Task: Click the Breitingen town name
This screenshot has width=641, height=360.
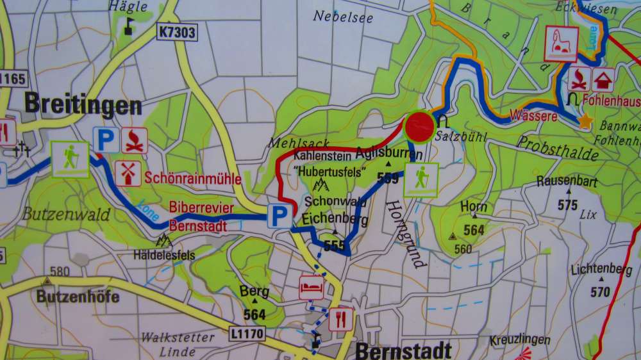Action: pos(83,104)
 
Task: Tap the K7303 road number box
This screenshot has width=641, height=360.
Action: pos(175,30)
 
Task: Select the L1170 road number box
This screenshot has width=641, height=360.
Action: pos(247,333)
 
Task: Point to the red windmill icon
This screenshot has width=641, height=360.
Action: pos(128,173)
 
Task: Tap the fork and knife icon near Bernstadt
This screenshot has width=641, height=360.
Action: pos(341,318)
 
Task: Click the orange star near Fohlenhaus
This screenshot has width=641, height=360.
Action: pos(585,120)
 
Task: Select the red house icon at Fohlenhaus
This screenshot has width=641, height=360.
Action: pos(603,80)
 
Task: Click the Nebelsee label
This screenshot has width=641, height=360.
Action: pos(343,17)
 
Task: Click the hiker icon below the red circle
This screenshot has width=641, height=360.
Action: pos(421,179)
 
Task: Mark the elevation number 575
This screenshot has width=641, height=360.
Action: pos(567,205)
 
